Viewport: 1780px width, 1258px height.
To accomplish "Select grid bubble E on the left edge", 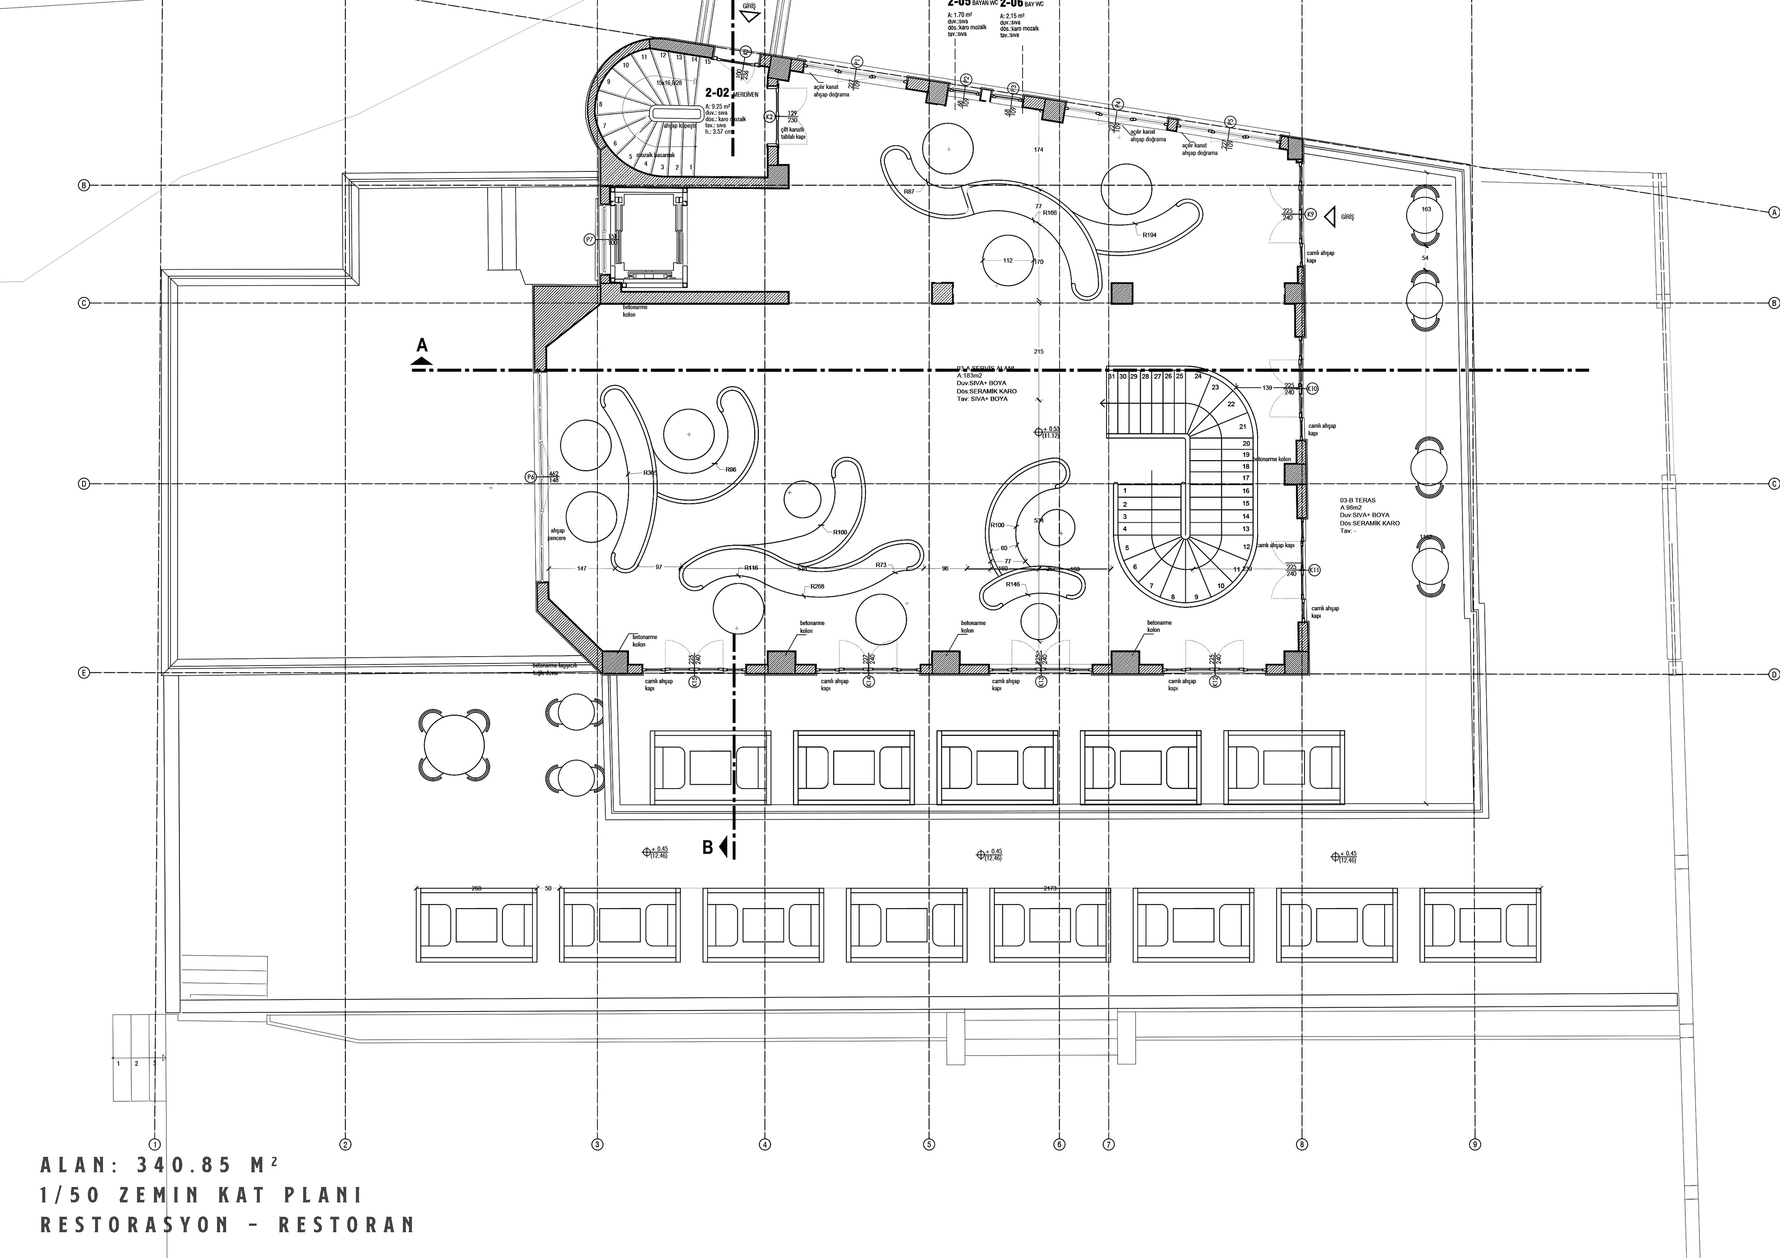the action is pyautogui.click(x=84, y=673).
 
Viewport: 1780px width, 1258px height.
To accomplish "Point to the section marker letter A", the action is pyautogui.click(x=422, y=345).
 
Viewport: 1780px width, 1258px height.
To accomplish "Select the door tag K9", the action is pyautogui.click(x=1310, y=214).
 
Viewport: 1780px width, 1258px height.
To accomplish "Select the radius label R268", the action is pyautogui.click(x=817, y=587).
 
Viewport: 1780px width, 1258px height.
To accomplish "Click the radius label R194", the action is pyautogui.click(x=1149, y=234).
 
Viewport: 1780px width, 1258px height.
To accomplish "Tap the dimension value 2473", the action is pyautogui.click(x=1050, y=888).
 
